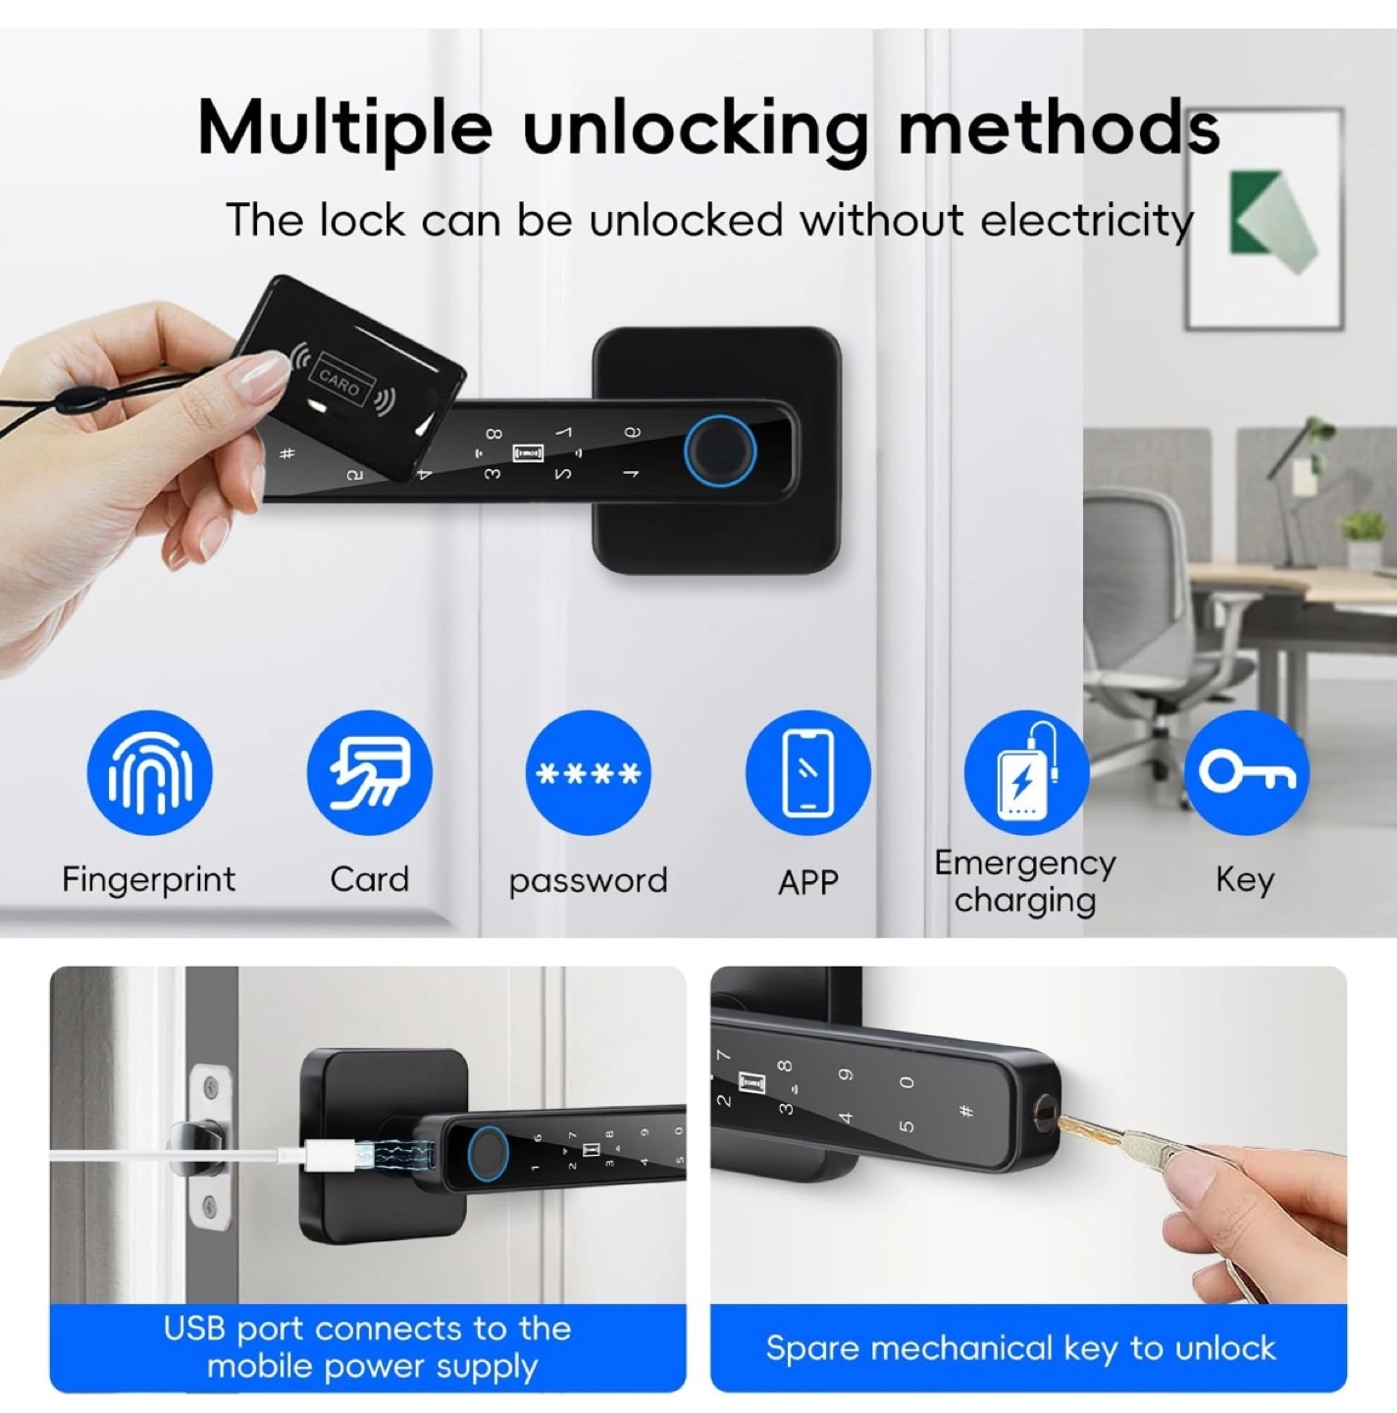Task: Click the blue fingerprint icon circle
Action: [x=149, y=772]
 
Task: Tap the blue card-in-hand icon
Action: [x=369, y=772]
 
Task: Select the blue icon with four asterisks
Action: [x=589, y=772]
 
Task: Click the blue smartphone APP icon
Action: [x=807, y=772]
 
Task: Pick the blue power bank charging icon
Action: [x=1027, y=772]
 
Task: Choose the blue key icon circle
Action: [x=1246, y=772]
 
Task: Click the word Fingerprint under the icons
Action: [x=149, y=880]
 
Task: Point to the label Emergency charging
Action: [x=1025, y=882]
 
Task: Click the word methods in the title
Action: [x=1059, y=129]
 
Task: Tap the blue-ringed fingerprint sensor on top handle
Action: [x=719, y=451]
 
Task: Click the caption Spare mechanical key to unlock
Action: [x=1021, y=1347]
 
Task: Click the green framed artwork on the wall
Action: [x=1265, y=219]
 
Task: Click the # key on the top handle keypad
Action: [x=288, y=453]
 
